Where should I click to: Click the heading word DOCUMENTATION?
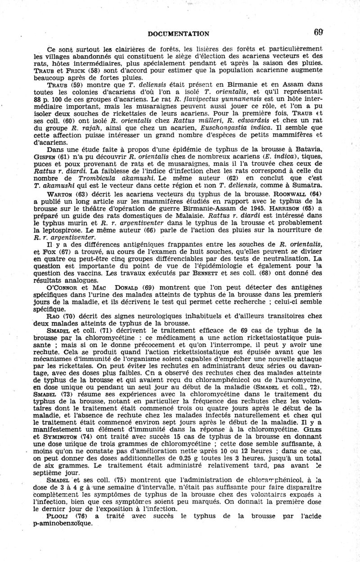178,33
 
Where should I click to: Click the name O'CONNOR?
63,287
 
